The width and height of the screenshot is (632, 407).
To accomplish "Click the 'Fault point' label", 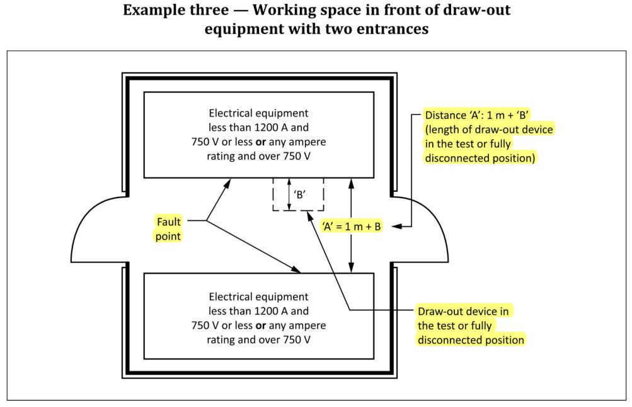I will (169, 228).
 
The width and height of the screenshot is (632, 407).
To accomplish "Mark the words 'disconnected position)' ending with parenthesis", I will (480, 159).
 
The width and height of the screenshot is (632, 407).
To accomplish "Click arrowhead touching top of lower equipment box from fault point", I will (299, 271).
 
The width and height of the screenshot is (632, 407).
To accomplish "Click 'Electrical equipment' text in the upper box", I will (258, 114).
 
